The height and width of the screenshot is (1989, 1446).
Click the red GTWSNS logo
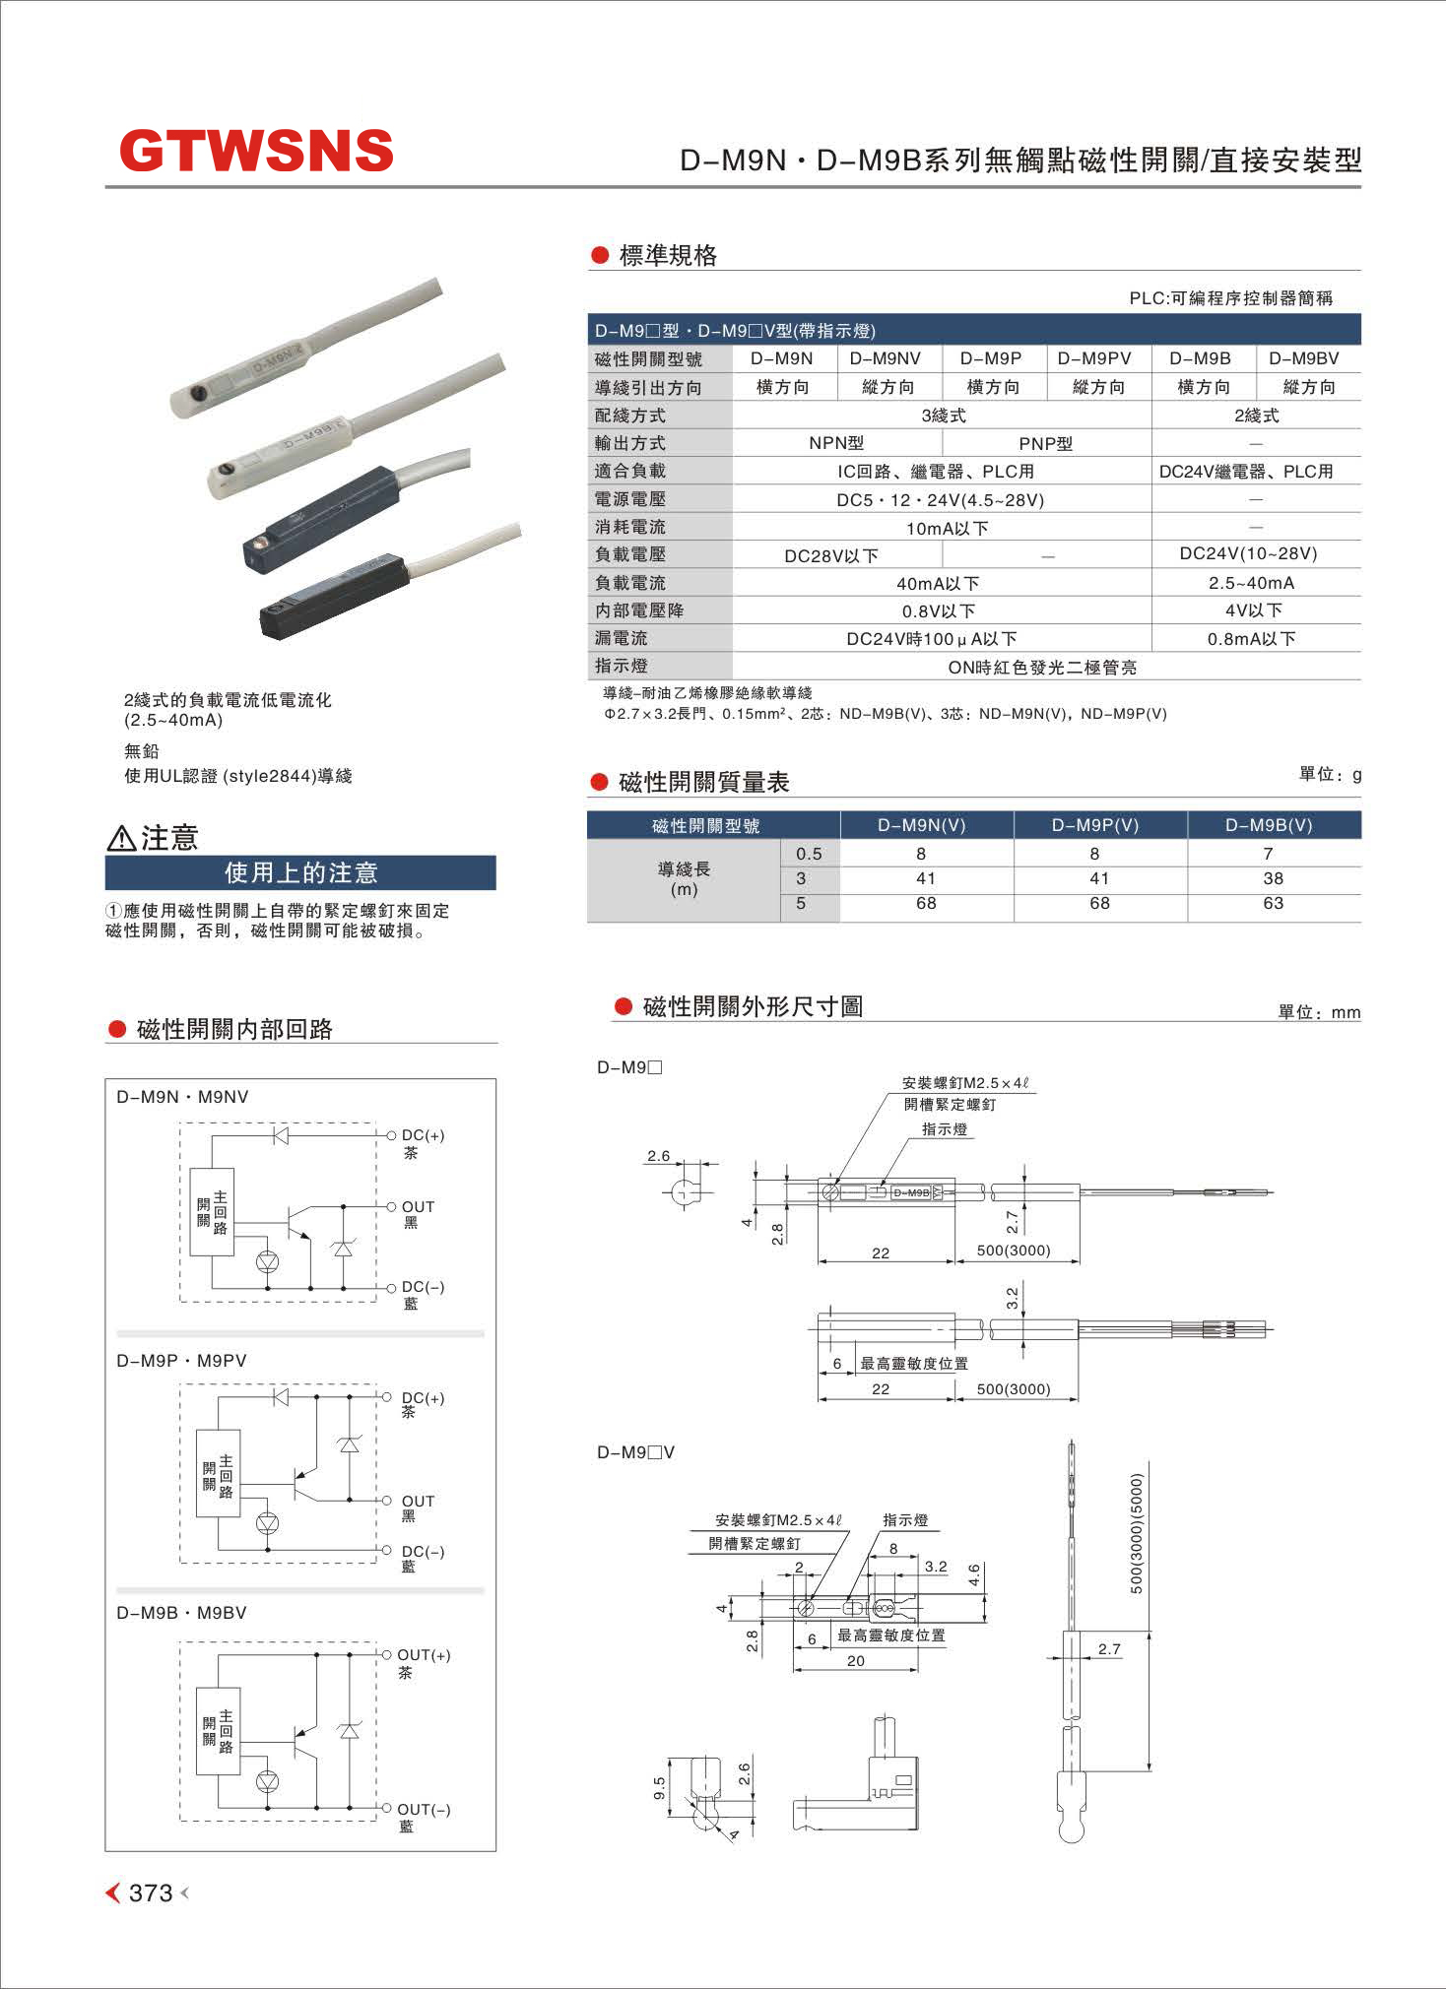click(x=256, y=151)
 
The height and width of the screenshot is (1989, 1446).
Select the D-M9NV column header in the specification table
click(x=885, y=359)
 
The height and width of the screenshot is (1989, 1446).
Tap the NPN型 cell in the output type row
click(x=836, y=443)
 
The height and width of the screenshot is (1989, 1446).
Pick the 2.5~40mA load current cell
click(x=1251, y=583)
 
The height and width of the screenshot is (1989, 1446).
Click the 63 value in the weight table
click(x=1273, y=903)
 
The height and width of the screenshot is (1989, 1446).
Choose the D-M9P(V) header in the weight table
click(x=1094, y=825)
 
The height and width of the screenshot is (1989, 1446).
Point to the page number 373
click(x=151, y=1893)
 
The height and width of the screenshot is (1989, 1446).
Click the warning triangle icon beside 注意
click(x=120, y=838)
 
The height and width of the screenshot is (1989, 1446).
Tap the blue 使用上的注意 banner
click(x=300, y=872)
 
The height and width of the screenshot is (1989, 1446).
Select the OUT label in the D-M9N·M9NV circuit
click(x=418, y=1207)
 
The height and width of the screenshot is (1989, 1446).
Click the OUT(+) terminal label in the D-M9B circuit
click(x=424, y=1655)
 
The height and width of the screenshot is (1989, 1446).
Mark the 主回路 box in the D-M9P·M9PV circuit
click(x=219, y=1473)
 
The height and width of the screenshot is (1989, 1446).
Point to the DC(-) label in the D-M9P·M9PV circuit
click(x=423, y=1552)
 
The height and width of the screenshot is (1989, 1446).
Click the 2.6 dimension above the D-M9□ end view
click(x=658, y=1156)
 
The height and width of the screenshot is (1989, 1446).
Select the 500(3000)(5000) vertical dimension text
click(x=1137, y=1533)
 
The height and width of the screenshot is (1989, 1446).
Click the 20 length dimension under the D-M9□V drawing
click(x=855, y=1661)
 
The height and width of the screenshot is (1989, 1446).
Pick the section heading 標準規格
click(x=668, y=256)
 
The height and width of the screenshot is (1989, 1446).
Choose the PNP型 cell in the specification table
click(x=1045, y=443)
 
